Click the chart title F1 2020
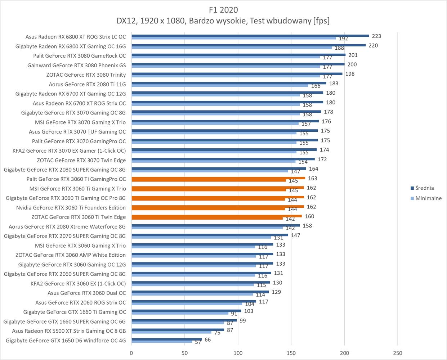223,9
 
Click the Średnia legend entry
424,188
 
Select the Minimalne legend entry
428,198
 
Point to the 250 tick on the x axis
398,353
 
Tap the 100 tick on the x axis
238,353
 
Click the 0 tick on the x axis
131,353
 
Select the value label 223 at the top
376,36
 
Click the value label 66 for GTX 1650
207,340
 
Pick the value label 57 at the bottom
198,342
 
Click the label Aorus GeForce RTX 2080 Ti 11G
87,84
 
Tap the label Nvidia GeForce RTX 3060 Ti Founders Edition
71,208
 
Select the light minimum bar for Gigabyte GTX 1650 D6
162,341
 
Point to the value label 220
373,46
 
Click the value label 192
343,39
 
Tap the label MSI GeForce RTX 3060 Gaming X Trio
80,246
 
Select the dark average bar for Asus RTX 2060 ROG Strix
194,301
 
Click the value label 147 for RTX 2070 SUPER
295,235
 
